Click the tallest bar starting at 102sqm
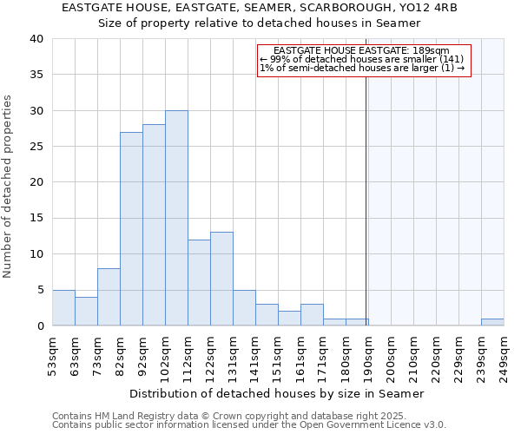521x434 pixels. pos(176,218)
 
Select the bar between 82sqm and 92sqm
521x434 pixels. pos(131,228)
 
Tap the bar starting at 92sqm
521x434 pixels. pos(154,225)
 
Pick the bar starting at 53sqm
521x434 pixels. pos(63,307)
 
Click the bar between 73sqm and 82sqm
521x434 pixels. pos(109,297)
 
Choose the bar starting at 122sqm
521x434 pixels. pos(221,279)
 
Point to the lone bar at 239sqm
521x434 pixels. pos(492,322)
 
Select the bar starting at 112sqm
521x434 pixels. pos(199,282)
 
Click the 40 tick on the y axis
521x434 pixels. pos(36,39)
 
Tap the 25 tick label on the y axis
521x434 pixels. pos(36,147)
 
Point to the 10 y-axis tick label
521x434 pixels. pos(36,254)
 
